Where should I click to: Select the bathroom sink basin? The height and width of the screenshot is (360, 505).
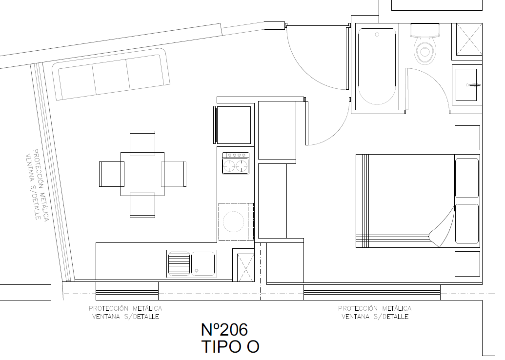click(x=466, y=85)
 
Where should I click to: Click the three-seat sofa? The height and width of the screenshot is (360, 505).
click(x=111, y=74)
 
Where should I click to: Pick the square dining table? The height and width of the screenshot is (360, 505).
click(x=142, y=174)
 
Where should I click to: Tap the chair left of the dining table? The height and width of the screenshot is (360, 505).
click(x=111, y=174)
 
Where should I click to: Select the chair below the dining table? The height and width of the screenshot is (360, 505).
click(x=142, y=205)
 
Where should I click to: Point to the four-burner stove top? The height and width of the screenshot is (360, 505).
click(x=236, y=163)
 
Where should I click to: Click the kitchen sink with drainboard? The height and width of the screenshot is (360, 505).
click(x=191, y=264)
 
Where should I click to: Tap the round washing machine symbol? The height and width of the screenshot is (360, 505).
click(x=234, y=222)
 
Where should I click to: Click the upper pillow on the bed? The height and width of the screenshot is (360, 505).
click(x=466, y=178)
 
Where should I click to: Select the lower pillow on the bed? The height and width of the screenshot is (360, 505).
click(x=466, y=223)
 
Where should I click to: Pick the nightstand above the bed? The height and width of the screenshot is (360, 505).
click(x=467, y=138)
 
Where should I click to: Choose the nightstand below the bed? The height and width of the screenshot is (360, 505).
click(x=467, y=264)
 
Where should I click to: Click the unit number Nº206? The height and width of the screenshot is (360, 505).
click(x=224, y=330)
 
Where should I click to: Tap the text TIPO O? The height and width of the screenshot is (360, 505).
click(x=230, y=347)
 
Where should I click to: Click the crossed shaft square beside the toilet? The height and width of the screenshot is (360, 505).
click(x=469, y=40)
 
